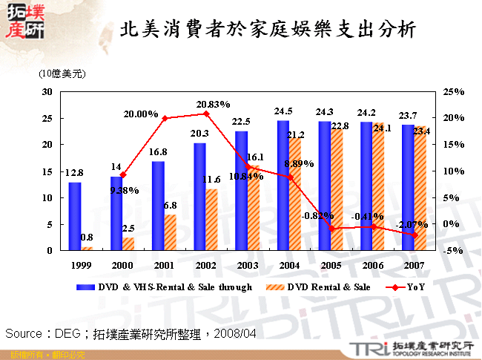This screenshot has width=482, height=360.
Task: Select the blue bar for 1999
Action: pos(75,216)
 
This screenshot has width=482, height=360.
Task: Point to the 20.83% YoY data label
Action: pos(216,105)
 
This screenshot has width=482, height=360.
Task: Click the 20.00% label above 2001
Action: pos(142,114)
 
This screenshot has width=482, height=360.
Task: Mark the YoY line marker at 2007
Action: pos(415,235)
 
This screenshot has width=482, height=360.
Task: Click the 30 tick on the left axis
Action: pos(47,91)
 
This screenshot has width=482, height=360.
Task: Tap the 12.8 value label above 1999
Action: pos(73,173)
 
